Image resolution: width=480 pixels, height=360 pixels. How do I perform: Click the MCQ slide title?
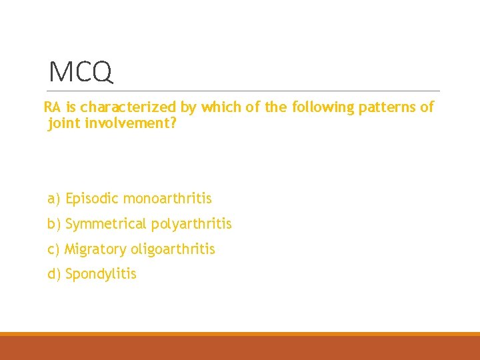click(x=81, y=71)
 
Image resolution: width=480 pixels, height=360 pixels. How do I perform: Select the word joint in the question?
click(x=65, y=123)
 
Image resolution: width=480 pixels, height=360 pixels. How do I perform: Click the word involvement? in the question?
click(x=131, y=123)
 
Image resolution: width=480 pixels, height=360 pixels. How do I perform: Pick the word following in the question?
click(x=322, y=107)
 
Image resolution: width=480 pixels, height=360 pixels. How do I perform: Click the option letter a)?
click(x=54, y=199)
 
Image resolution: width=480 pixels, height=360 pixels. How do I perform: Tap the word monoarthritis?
click(x=167, y=199)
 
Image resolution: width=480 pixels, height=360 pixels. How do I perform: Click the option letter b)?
click(x=54, y=224)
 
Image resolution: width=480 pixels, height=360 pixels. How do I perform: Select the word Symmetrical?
click(x=107, y=224)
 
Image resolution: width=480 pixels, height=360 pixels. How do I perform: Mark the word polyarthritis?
click(x=191, y=224)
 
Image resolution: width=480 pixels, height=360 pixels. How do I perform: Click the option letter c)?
click(x=54, y=249)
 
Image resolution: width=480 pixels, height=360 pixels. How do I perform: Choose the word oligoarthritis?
click(x=173, y=249)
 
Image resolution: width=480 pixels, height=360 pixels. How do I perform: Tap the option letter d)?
click(x=54, y=274)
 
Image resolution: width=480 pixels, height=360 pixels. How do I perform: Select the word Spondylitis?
click(x=101, y=274)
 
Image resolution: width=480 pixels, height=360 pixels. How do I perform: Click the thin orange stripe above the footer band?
click(x=240, y=334)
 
